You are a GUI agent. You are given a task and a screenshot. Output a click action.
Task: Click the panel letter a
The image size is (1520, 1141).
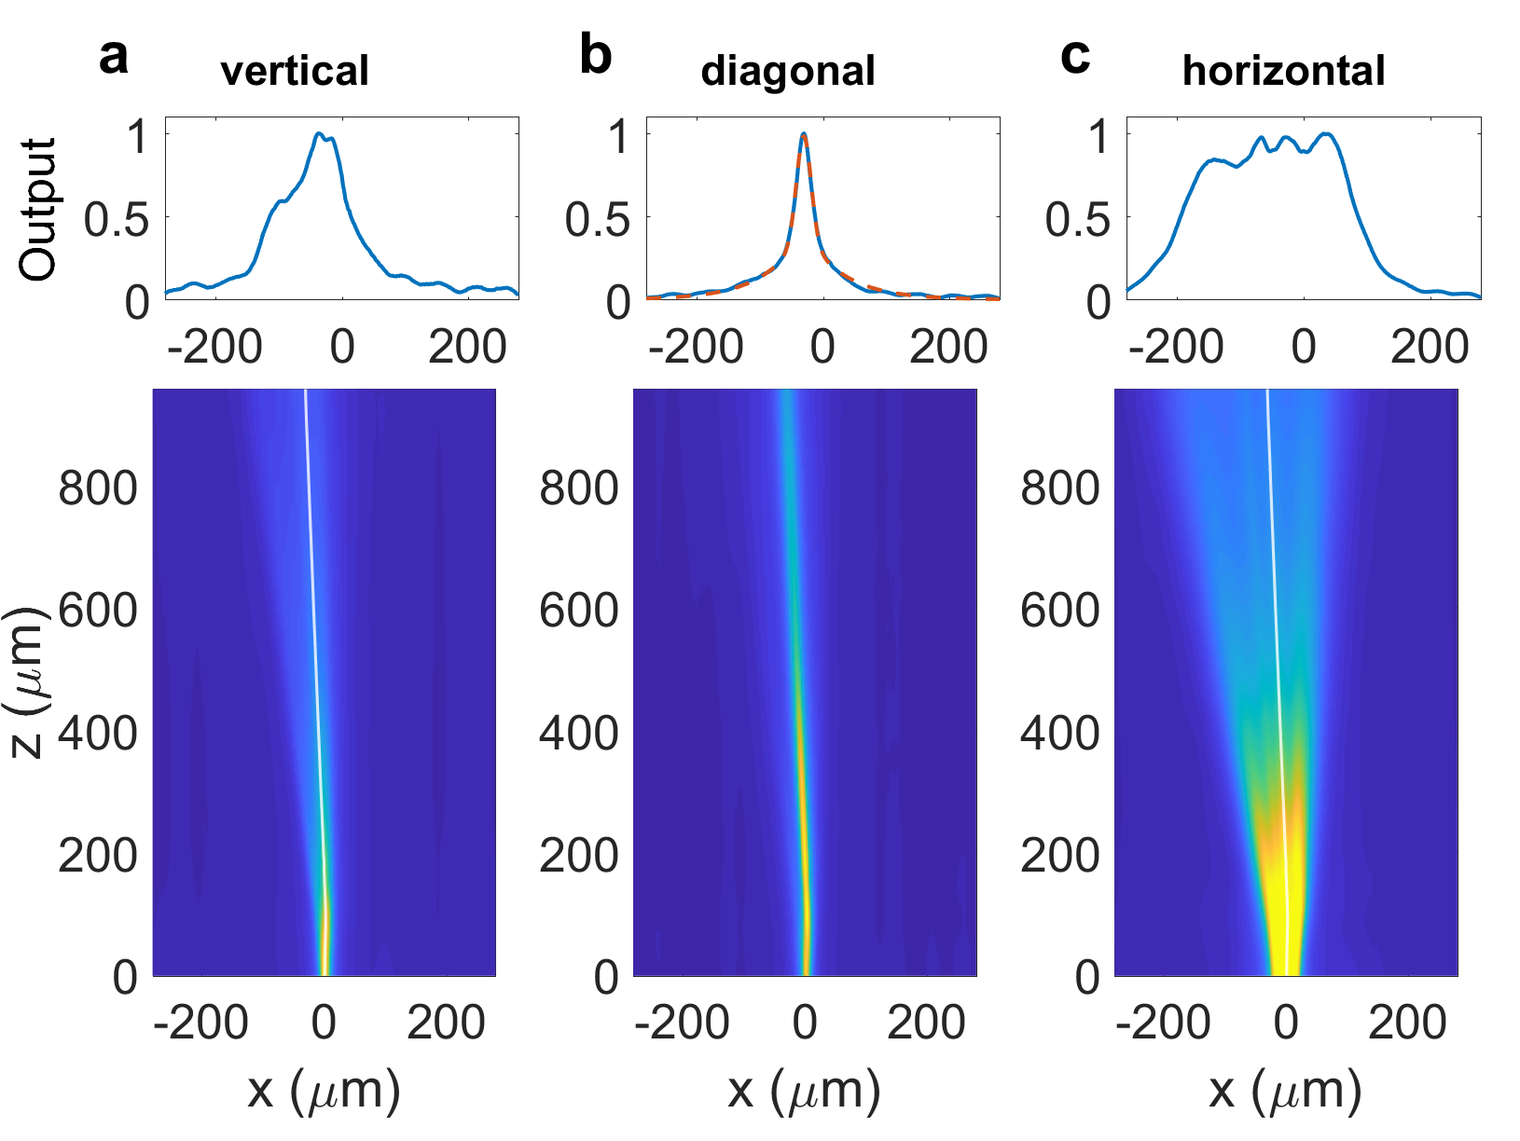point(113,58)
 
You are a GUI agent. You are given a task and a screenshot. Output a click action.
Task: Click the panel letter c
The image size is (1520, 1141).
point(1075,58)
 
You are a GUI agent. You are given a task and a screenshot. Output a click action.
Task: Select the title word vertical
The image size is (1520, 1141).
point(295,71)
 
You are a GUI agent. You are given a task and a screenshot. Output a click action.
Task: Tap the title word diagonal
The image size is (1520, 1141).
point(788,71)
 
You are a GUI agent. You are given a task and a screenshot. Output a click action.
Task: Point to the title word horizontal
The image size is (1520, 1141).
point(1283,71)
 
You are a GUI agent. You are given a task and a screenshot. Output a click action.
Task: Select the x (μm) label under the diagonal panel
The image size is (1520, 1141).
point(804,1090)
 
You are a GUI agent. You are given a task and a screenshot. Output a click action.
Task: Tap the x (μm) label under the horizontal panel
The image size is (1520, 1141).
point(1285,1090)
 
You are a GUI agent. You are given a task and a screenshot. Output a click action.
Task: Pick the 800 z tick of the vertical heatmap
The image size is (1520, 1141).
point(98,488)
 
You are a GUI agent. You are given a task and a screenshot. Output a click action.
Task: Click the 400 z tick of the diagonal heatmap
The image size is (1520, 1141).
point(578,734)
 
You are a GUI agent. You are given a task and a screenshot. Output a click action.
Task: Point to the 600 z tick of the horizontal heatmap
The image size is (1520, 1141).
point(1059,611)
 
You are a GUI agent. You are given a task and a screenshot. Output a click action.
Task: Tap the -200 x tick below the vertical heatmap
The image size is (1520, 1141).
point(200,1024)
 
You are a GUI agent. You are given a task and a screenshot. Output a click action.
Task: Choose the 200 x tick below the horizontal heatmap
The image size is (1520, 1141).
point(1407,1024)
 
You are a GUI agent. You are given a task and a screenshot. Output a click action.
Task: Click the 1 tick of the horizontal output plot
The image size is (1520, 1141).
point(1099,137)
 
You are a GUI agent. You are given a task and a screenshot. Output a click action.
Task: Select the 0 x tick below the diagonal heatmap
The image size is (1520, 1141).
point(804,1024)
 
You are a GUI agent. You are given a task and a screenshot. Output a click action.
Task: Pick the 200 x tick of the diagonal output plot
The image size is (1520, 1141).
point(947,347)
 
